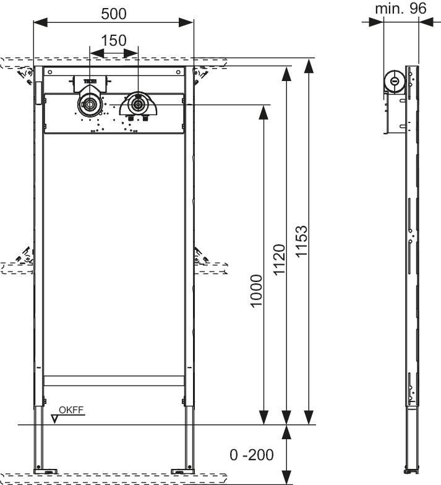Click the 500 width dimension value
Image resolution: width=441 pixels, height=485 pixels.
pyautogui.click(x=114, y=14)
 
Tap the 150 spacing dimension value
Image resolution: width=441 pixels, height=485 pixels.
pyautogui.click(x=114, y=41)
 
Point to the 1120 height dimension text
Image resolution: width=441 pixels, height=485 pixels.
pyautogui.click(x=280, y=260)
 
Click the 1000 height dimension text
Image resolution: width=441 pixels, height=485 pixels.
pyautogui.click(x=256, y=291)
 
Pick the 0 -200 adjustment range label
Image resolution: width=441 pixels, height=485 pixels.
pyautogui.click(x=251, y=455)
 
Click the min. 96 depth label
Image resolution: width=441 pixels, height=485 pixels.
pyautogui.click(x=401, y=9)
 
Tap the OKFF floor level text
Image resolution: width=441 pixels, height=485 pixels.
pyautogui.click(x=71, y=410)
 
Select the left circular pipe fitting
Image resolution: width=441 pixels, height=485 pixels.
pyautogui.click(x=89, y=104)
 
